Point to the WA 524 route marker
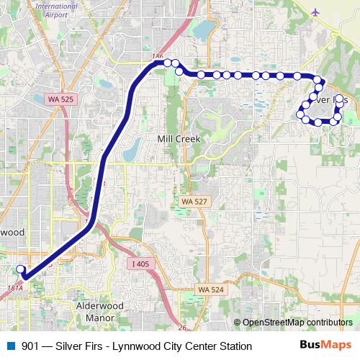tap(209, 289)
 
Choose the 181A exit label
tap(14, 287)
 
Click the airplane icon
tap(317, 12)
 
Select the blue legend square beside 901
tap(10, 346)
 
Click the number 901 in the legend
tap(31, 346)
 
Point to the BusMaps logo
tap(325, 346)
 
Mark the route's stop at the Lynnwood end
tap(19, 269)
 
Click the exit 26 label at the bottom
tap(181, 328)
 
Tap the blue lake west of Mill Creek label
tap(132, 149)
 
